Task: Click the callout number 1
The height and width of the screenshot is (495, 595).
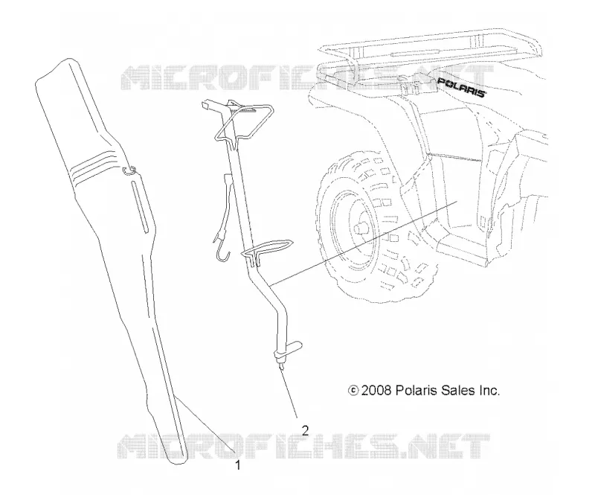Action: tap(238, 464)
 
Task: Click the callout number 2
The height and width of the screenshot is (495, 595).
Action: tap(305, 430)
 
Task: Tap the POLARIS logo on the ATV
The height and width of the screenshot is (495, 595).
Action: tap(461, 87)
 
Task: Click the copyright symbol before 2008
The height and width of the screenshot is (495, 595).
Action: tap(353, 390)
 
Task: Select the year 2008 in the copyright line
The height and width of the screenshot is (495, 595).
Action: tap(376, 390)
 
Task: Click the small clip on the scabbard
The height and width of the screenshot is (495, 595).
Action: tap(129, 171)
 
